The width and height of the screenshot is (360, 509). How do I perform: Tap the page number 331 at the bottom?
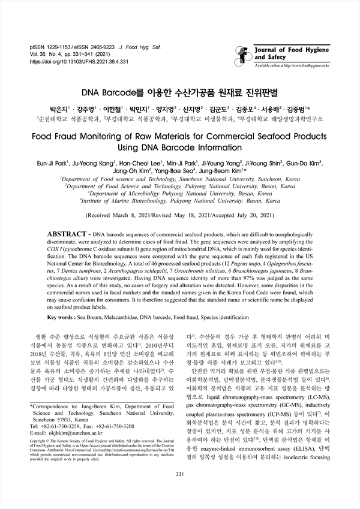[x=179, y=492]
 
